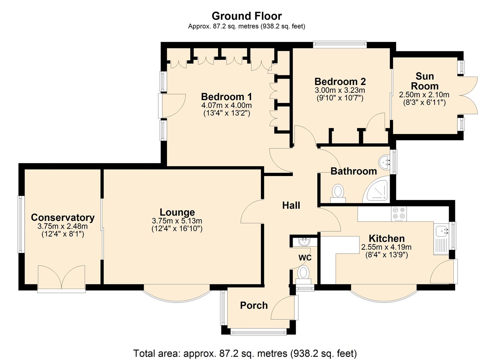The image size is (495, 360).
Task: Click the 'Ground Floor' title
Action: pos(247,16)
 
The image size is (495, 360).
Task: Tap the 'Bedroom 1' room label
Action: pos(226,97)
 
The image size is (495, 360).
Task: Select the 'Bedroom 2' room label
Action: pos(340,82)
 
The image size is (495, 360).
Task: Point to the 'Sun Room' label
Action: pos(424,81)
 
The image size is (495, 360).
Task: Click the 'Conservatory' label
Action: pos(63,218)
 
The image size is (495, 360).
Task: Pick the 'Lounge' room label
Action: pos(177,212)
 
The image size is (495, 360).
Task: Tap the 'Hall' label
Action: pos(291,205)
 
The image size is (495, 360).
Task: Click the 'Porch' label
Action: pos(254,305)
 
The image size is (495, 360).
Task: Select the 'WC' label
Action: pos(305,258)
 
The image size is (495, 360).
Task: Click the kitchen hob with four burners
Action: pos(399,214)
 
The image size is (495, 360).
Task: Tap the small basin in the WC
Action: pos(304,242)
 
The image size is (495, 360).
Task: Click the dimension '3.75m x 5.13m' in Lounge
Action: pos(177,221)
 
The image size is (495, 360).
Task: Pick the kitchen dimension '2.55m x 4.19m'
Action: pos(386,247)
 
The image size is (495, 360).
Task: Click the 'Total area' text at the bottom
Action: pos(245,353)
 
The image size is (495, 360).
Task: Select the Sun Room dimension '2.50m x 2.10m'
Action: pos(424,95)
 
